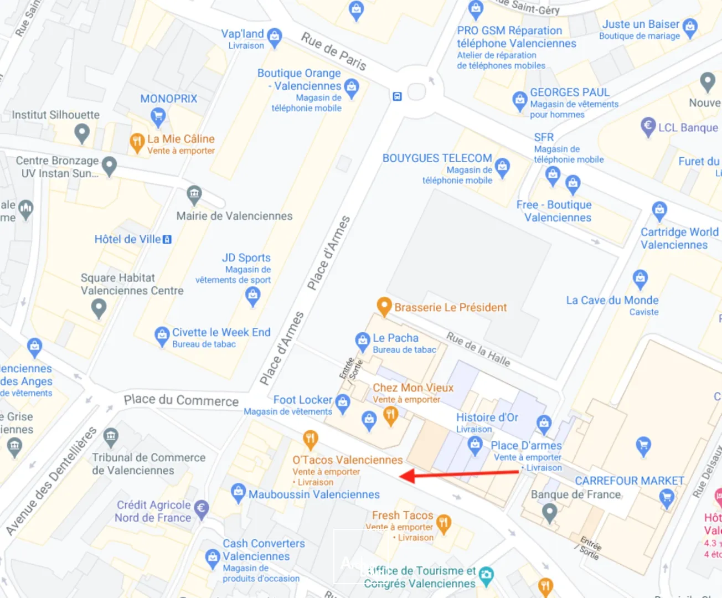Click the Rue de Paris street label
tap(333, 51)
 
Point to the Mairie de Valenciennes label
tap(234, 216)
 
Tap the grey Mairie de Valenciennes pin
tap(194, 194)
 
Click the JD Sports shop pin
tap(253, 296)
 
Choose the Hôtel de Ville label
tap(128, 239)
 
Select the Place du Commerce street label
tap(181, 400)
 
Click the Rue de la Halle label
tap(478, 349)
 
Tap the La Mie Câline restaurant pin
tap(137, 142)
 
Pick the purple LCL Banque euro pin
tap(648, 127)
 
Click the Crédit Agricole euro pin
tap(202, 509)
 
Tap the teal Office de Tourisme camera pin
tap(486, 575)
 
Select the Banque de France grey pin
tap(549, 512)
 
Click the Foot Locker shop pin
tap(343, 403)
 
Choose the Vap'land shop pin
tap(274, 37)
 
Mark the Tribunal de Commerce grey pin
tap(111, 436)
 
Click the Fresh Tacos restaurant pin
tap(443, 522)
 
